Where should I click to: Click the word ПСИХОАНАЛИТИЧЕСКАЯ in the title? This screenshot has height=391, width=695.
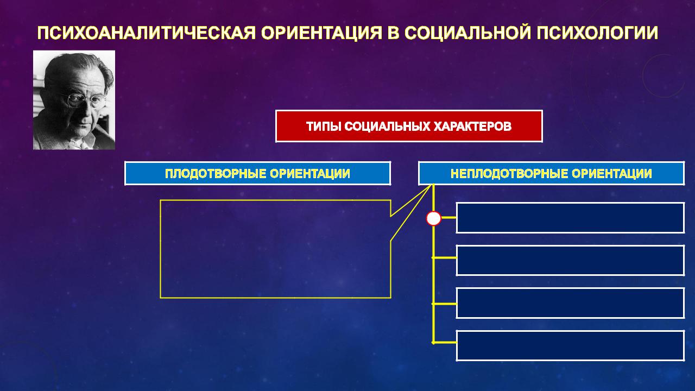147,33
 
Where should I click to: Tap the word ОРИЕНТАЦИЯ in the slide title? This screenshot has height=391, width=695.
321,33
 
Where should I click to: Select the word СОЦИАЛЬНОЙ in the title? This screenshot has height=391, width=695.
468,33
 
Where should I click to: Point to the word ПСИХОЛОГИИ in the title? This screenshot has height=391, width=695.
597,33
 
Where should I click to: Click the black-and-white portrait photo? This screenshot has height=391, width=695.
74,100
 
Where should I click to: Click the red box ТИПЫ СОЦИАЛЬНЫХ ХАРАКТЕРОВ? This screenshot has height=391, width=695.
409,127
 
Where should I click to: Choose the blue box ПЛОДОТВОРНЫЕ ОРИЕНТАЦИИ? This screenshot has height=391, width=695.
257,173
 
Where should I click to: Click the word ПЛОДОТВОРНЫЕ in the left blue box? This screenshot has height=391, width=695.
215,174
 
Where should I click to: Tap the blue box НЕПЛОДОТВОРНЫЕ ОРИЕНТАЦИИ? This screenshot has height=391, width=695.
551,173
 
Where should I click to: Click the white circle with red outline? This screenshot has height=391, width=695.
433,218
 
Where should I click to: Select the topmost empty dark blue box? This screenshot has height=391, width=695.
570,218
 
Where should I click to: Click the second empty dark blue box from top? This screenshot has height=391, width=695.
570,260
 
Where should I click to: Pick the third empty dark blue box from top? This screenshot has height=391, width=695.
570,303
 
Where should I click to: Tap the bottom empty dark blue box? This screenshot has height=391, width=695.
570,346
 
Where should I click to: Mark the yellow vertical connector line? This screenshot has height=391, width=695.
433,264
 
